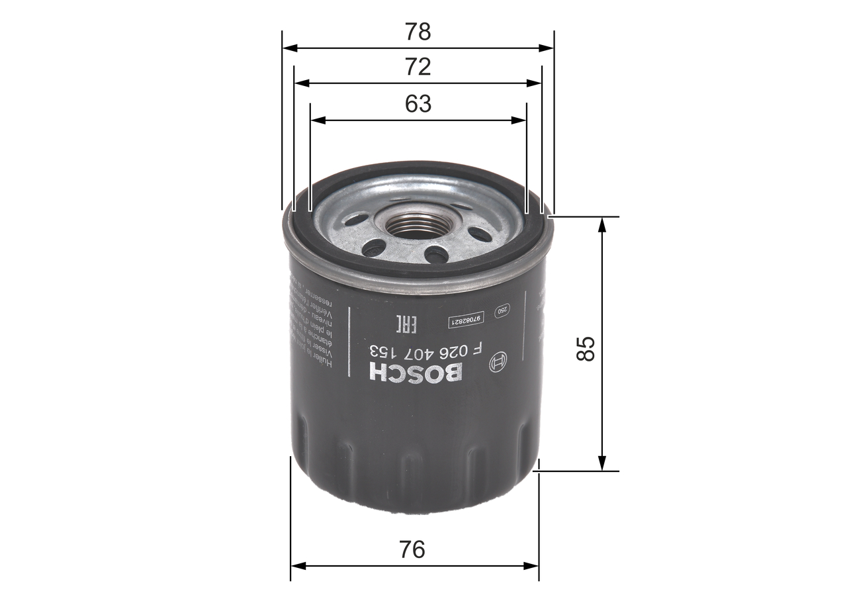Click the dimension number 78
click(x=418, y=32)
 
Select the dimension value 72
click(x=418, y=67)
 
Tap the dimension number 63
click(x=418, y=103)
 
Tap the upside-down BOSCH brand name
click(x=415, y=373)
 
